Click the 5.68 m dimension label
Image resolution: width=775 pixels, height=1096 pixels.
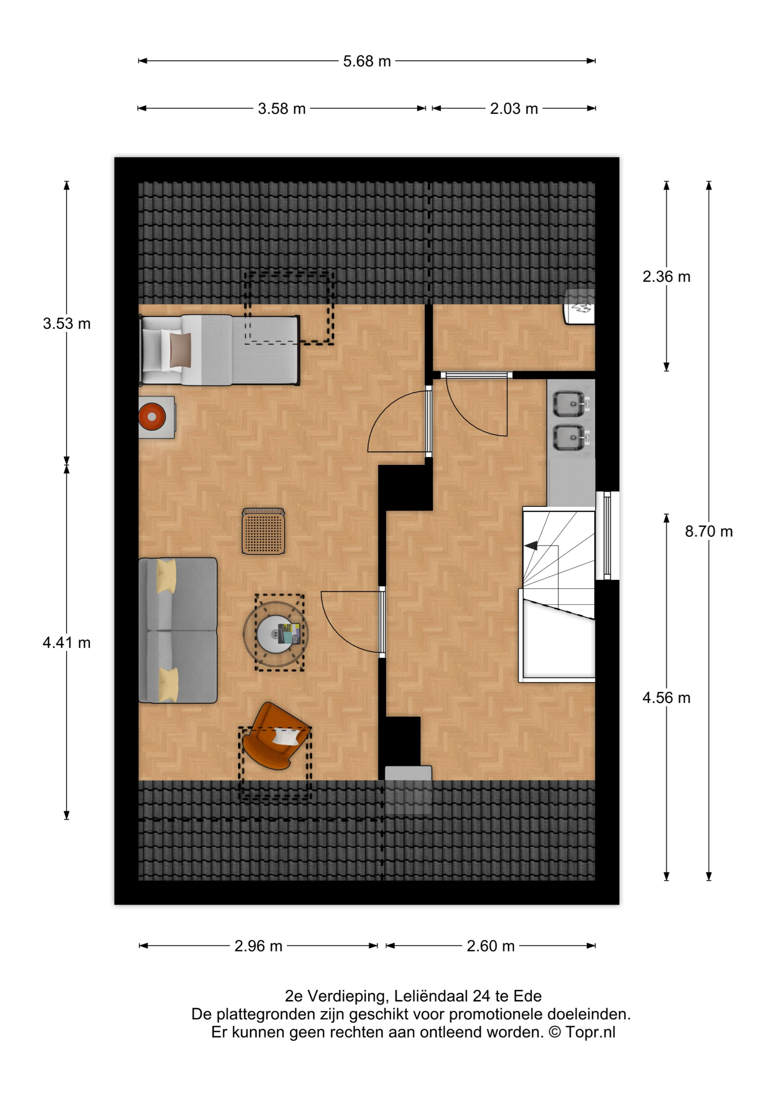click(x=367, y=61)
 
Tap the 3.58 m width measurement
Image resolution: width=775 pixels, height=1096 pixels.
click(x=281, y=108)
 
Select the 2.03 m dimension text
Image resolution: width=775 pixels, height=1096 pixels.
click(x=514, y=108)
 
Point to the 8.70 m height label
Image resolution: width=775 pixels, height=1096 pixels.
click(x=709, y=531)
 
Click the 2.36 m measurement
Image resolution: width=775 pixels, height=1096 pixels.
click(x=666, y=277)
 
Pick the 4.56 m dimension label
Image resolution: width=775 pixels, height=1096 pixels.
click(x=666, y=697)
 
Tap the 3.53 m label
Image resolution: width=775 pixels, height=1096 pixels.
click(x=66, y=323)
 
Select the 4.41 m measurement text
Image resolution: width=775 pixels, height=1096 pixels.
click(x=66, y=643)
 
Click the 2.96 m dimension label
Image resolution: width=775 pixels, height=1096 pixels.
click(x=258, y=946)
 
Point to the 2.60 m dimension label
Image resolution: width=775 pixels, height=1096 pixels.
click(x=490, y=946)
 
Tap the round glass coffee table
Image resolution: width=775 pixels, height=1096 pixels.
click(x=276, y=634)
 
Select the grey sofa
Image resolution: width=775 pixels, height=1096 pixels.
click(x=178, y=630)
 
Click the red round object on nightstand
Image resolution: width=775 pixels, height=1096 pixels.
click(x=152, y=417)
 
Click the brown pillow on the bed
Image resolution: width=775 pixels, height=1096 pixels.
click(x=181, y=350)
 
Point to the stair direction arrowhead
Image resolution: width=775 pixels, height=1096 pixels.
click(x=531, y=545)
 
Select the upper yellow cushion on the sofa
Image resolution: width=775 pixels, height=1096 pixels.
click(x=167, y=576)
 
